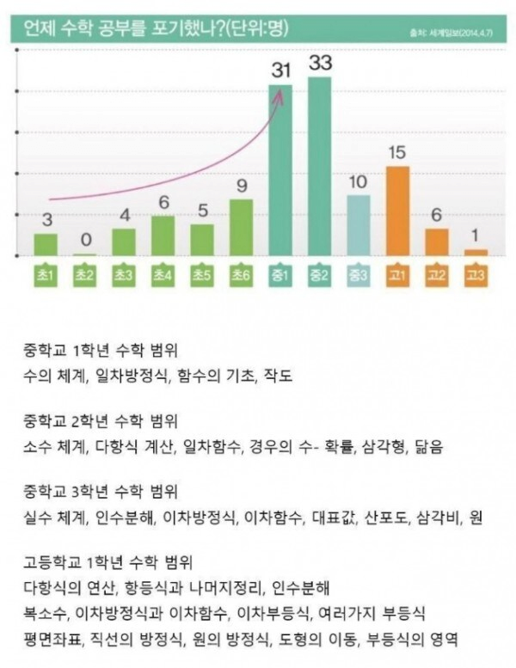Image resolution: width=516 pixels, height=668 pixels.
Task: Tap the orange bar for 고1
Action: pyautogui.click(x=396, y=211)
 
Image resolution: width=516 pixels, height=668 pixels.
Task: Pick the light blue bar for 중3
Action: pyautogui.click(x=358, y=225)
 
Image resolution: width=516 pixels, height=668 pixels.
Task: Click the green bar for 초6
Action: pyautogui.click(x=241, y=227)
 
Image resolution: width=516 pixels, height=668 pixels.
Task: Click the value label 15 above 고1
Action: pyautogui.click(x=396, y=153)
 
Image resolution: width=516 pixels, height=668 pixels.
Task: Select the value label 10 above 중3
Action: pyautogui.click(x=358, y=182)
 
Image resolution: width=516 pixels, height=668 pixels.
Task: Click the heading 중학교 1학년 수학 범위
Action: pyautogui.click(x=101, y=352)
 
